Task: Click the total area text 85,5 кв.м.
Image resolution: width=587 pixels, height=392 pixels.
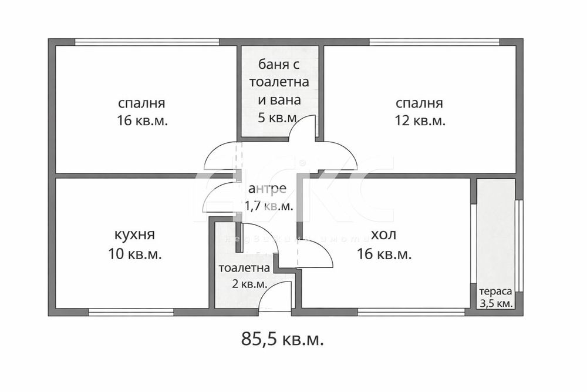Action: [282, 339]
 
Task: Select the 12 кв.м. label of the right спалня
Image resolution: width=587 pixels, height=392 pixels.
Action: [419, 121]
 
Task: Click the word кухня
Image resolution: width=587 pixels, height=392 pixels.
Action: [135, 235]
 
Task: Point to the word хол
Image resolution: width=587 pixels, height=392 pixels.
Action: [383, 235]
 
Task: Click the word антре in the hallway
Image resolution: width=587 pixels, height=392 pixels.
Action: [267, 189]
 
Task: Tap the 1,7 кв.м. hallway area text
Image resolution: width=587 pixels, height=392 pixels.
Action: [270, 206]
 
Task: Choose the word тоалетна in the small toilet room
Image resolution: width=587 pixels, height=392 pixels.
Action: [244, 268]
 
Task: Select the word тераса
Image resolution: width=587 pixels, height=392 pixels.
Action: [495, 292]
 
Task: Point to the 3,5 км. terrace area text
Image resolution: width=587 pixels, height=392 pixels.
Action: [496, 303]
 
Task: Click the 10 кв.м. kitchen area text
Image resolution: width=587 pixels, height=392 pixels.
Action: [135, 254]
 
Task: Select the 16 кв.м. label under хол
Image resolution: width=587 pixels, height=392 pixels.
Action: [384, 254]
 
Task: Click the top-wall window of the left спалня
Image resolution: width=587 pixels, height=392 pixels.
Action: [147, 42]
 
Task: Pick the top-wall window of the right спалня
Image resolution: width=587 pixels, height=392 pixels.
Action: [434, 42]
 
